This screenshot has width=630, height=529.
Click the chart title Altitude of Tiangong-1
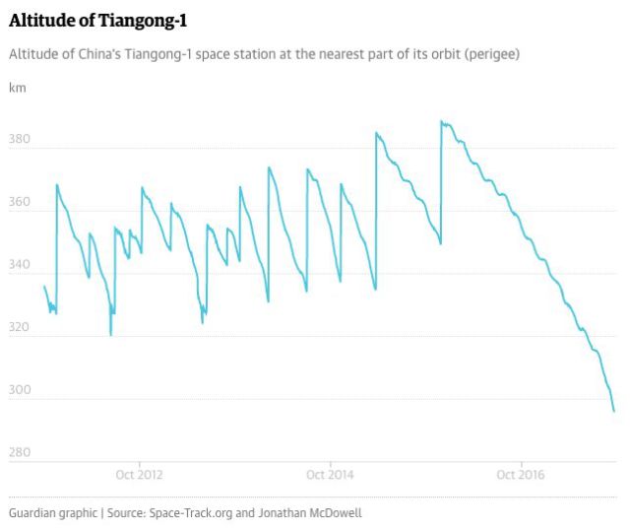coord(98,20)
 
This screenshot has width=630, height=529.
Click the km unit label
coord(17,88)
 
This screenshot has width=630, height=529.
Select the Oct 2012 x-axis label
coord(140,475)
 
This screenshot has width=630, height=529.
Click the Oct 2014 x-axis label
coord(330,475)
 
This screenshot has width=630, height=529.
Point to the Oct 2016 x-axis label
coord(520,475)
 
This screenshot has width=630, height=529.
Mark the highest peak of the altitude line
coord(441,122)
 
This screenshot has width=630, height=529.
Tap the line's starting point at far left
coord(44,287)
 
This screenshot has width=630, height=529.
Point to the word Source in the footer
coord(127,513)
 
